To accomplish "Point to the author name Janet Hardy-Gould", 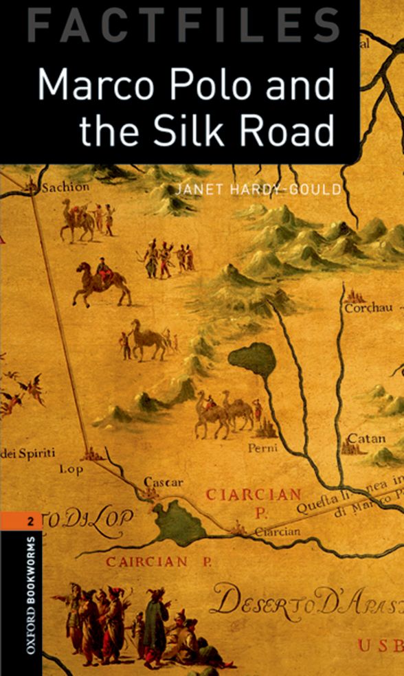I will tap(258, 190).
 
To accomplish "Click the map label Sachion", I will tap(66, 187).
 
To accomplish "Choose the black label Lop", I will tap(71, 469).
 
